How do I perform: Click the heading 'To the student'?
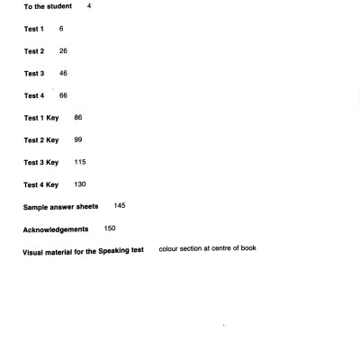pos(48,7)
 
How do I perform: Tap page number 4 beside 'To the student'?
pos(89,6)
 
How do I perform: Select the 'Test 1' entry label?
pos(34,30)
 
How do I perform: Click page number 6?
pos(61,29)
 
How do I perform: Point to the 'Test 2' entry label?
pos(34,51)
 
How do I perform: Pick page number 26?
pos(63,50)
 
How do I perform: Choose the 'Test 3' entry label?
pos(34,74)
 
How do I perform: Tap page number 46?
pos(63,73)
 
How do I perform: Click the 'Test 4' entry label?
pos(34,95)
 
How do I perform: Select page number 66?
pos(63,94)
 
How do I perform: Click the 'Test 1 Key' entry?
pos(41,118)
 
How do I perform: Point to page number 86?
pos(78,117)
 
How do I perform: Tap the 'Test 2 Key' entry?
pos(41,140)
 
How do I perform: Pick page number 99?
pos(78,139)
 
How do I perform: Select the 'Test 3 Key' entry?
pos(41,163)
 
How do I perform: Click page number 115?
pos(80,162)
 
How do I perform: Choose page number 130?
pos(80,184)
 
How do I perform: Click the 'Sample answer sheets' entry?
pos(61,207)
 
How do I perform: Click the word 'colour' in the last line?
pos(170,247)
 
